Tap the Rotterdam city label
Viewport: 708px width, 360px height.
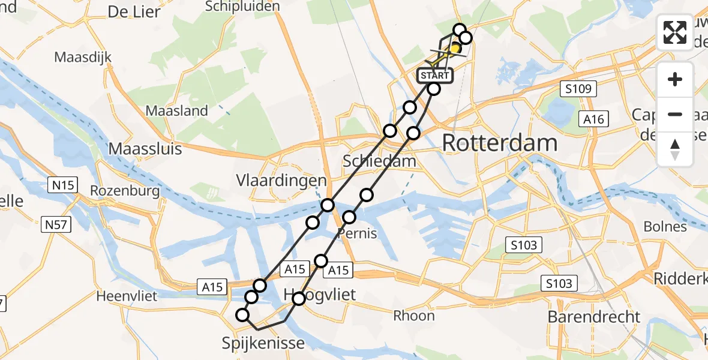[500, 144]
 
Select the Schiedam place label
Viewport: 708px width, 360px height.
[379, 161]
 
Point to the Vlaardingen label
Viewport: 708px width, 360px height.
[281, 181]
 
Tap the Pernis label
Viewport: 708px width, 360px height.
[358, 233]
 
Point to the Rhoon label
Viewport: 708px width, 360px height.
[414, 316]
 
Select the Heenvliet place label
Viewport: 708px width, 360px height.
[126, 296]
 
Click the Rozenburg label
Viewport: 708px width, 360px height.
[125, 191]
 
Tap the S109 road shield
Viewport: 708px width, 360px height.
[580, 89]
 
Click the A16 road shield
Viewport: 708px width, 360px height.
[594, 119]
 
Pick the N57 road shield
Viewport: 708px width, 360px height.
[57, 226]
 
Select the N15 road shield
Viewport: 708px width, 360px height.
[62, 185]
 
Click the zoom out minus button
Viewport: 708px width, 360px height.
[675, 114]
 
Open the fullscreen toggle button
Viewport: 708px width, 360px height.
[675, 32]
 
